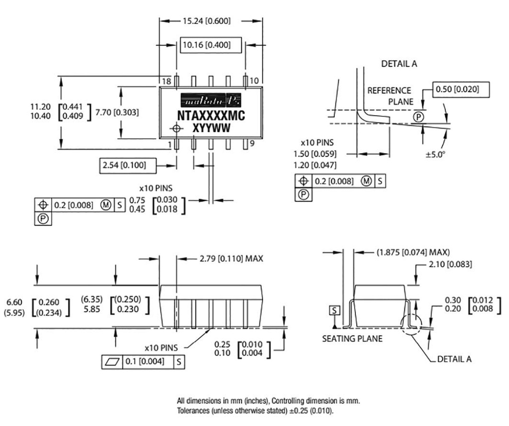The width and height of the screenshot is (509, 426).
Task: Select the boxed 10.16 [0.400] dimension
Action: (x=211, y=45)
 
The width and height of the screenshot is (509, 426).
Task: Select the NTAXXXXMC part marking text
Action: (x=211, y=116)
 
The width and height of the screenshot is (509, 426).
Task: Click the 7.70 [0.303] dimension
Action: (x=117, y=112)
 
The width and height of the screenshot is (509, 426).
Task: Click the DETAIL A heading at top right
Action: (x=399, y=64)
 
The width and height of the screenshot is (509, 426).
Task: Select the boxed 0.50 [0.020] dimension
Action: (x=461, y=89)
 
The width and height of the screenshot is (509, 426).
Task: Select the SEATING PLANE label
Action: (x=352, y=339)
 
